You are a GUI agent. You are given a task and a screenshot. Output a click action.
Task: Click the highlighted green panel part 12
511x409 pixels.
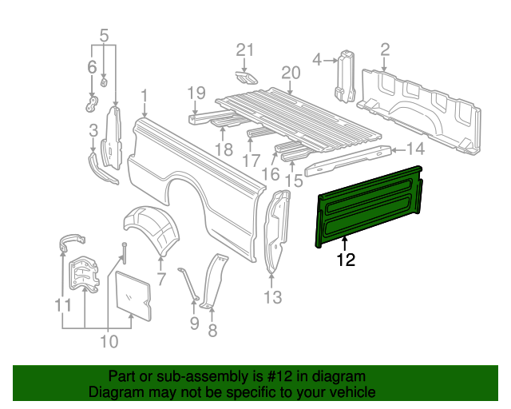click(x=369, y=204)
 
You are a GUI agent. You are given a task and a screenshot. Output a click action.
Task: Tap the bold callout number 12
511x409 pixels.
click(x=345, y=260)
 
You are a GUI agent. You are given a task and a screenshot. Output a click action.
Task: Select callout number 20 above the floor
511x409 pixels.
click(x=291, y=73)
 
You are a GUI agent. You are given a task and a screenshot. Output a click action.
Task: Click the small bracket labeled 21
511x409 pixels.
click(x=247, y=77)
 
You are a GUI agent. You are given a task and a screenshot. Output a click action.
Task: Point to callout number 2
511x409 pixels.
click(x=385, y=51)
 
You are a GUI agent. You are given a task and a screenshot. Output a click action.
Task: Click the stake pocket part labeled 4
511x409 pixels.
click(x=344, y=77)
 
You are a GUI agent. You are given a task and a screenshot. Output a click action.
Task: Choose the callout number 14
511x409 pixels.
click(x=415, y=149)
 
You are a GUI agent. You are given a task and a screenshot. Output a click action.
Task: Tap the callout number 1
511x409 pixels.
click(x=144, y=97)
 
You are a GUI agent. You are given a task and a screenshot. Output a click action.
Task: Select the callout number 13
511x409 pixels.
click(x=272, y=298)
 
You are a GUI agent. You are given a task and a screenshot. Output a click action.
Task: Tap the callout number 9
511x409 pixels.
click(x=194, y=324)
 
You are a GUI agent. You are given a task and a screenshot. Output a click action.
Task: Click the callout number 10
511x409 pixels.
click(x=109, y=342)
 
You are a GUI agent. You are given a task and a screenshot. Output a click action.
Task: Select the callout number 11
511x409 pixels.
click(x=63, y=305)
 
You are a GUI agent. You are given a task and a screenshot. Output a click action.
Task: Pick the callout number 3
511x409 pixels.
click(x=93, y=130)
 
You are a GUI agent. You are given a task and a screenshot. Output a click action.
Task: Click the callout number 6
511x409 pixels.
click(x=91, y=67)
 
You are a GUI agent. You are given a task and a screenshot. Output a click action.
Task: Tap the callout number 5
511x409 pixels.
click(x=104, y=35)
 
